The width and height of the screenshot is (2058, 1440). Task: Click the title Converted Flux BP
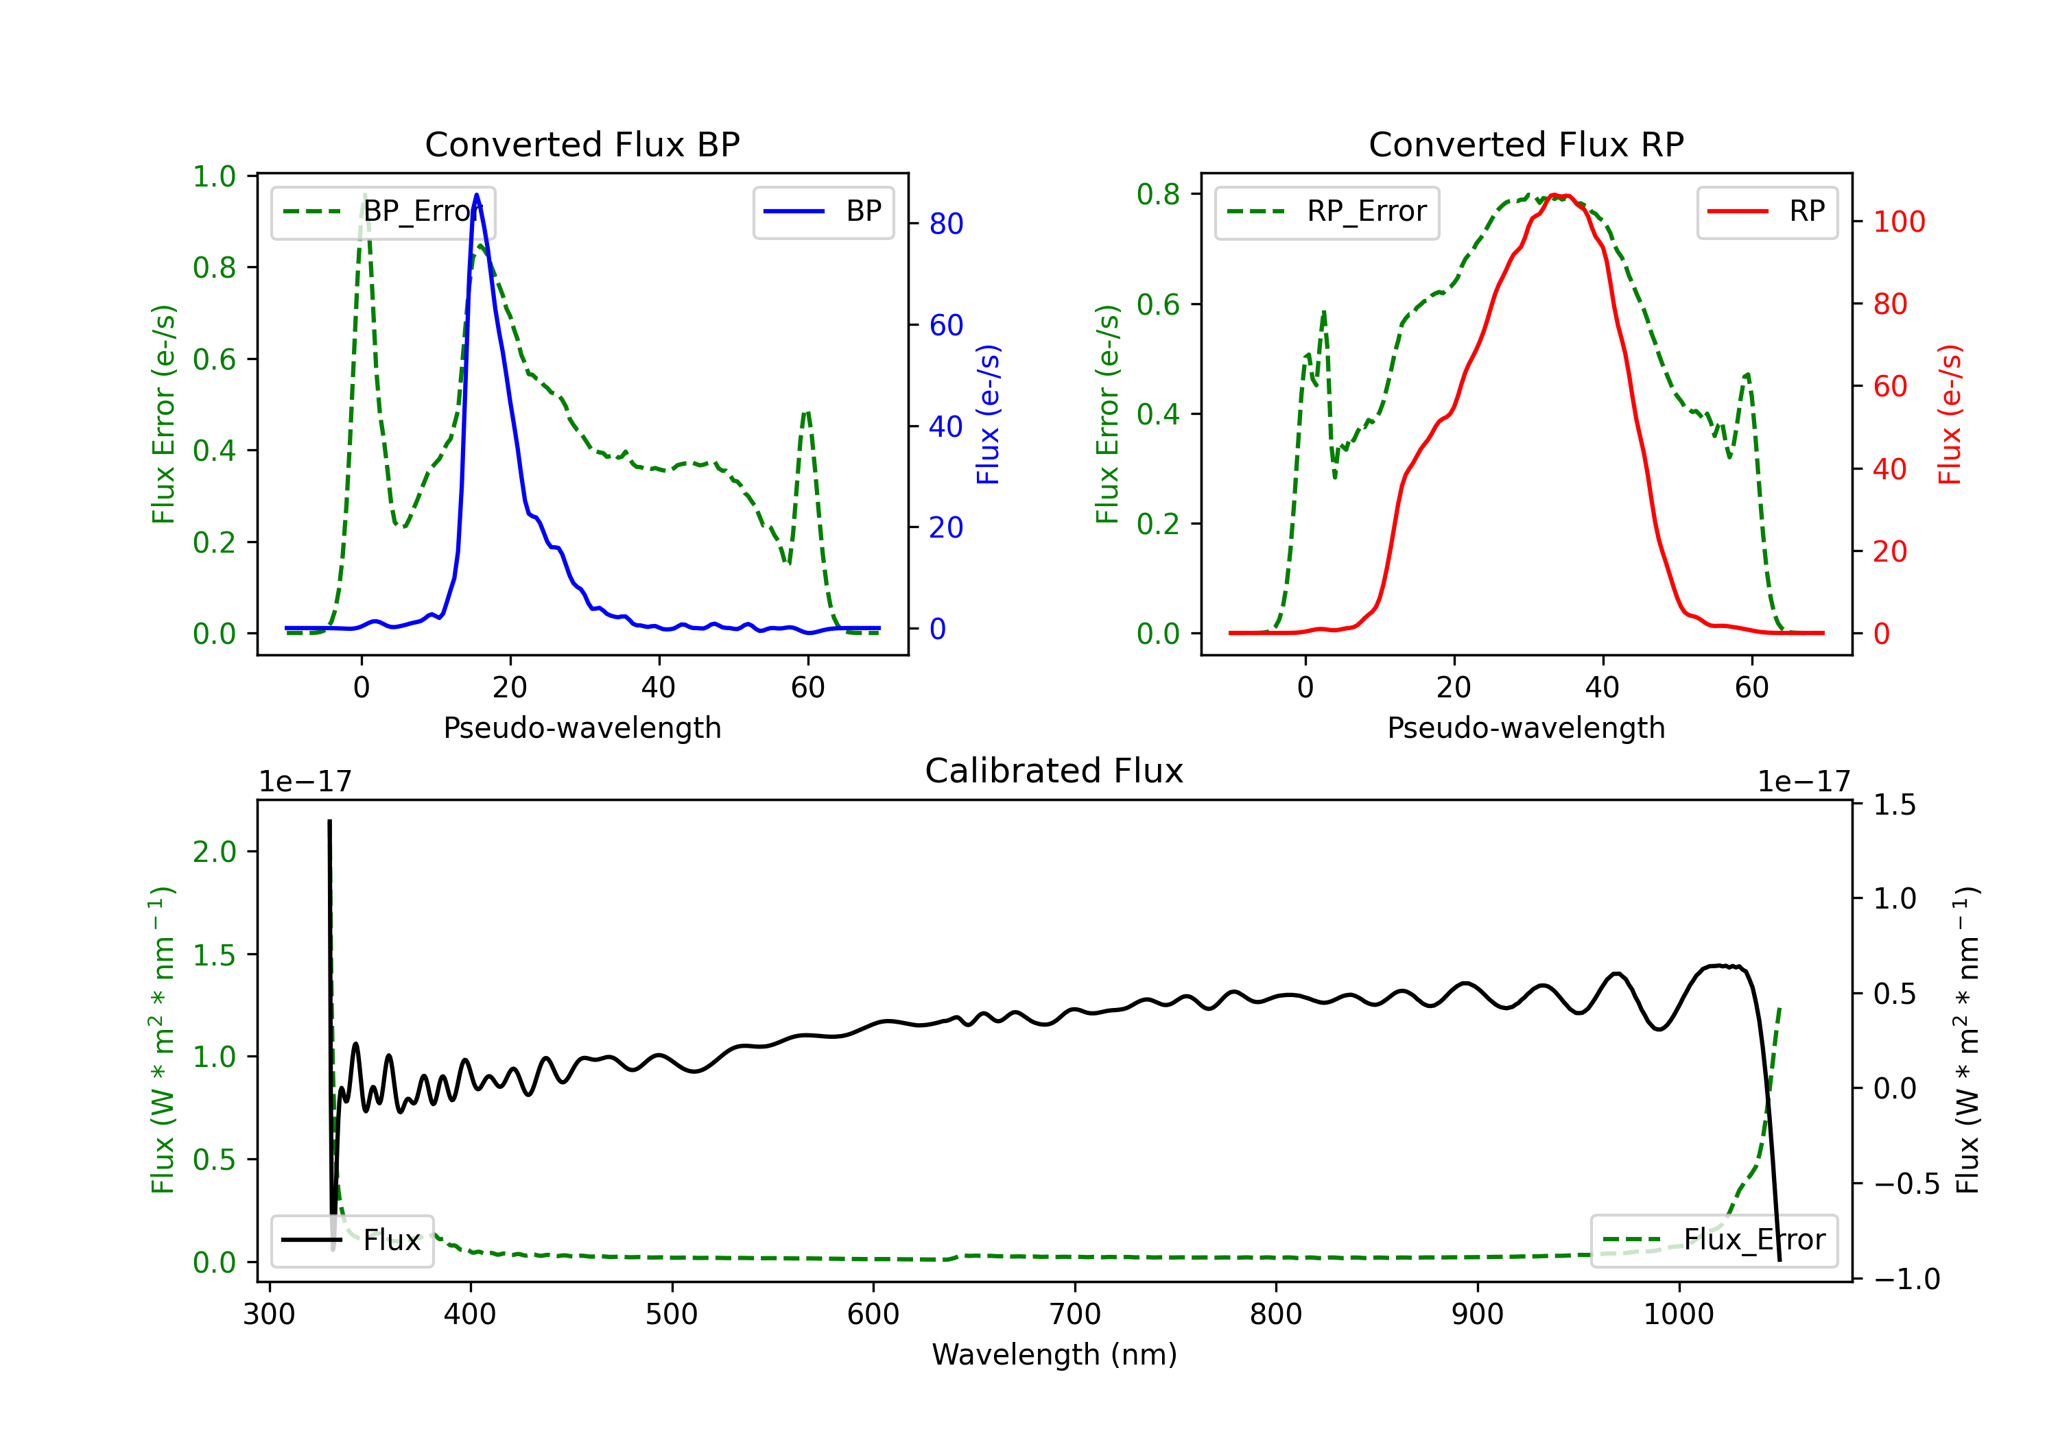tap(582, 144)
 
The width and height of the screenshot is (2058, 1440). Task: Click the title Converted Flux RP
tap(1526, 144)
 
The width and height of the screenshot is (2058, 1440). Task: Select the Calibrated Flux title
tap(1054, 771)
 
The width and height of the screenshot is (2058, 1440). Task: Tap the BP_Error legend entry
tap(383, 213)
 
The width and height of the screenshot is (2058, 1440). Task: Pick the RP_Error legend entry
tap(1327, 213)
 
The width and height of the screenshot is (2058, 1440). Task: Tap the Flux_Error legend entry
tap(1714, 1240)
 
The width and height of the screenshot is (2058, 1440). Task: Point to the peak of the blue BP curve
tap(476, 195)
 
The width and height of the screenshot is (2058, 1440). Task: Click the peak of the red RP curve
tap(1556, 195)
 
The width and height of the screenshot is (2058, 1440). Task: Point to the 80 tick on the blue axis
tap(945, 224)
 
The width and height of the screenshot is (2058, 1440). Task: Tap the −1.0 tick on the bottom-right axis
tap(1906, 1279)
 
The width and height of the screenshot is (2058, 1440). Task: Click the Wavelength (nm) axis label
tap(1054, 1354)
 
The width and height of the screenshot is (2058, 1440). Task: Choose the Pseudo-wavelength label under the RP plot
tap(1526, 728)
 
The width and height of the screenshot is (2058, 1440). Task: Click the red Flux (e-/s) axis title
tap(1949, 414)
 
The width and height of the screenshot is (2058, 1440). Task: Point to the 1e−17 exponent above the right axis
tap(1803, 782)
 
